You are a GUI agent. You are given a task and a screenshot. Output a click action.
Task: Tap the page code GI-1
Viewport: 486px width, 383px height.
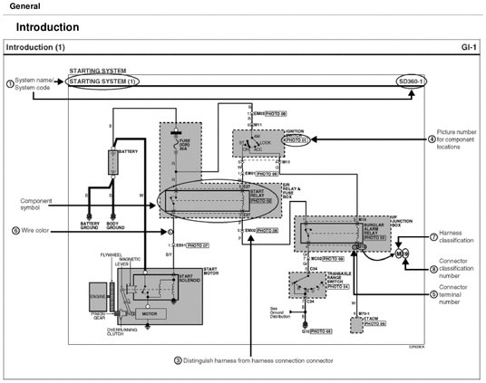pyautogui.click(x=471, y=46)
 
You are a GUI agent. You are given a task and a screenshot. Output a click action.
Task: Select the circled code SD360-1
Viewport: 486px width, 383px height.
pyautogui.click(x=411, y=81)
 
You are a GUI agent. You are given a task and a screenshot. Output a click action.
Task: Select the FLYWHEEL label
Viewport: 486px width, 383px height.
pyautogui.click(x=111, y=255)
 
